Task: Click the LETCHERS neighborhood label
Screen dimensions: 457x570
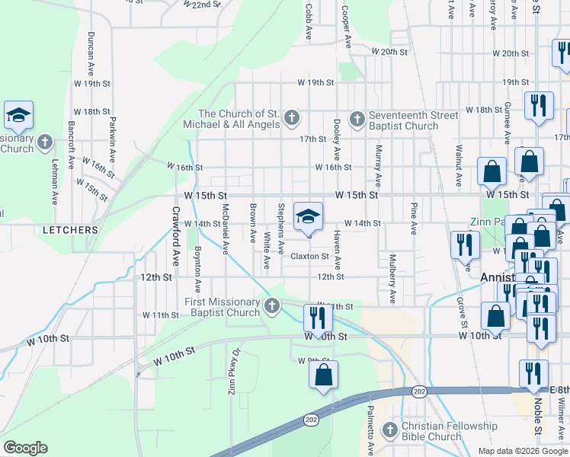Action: [x=70, y=229]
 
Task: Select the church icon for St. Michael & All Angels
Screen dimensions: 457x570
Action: [x=290, y=118]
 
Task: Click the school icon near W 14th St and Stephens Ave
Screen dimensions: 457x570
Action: [x=308, y=217]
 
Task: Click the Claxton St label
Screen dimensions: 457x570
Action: [x=309, y=257]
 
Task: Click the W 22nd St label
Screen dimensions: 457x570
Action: [x=202, y=5]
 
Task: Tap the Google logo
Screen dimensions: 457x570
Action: [x=25, y=448]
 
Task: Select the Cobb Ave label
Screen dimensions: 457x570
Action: [x=309, y=21]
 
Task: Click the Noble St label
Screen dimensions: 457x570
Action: [x=538, y=419]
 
